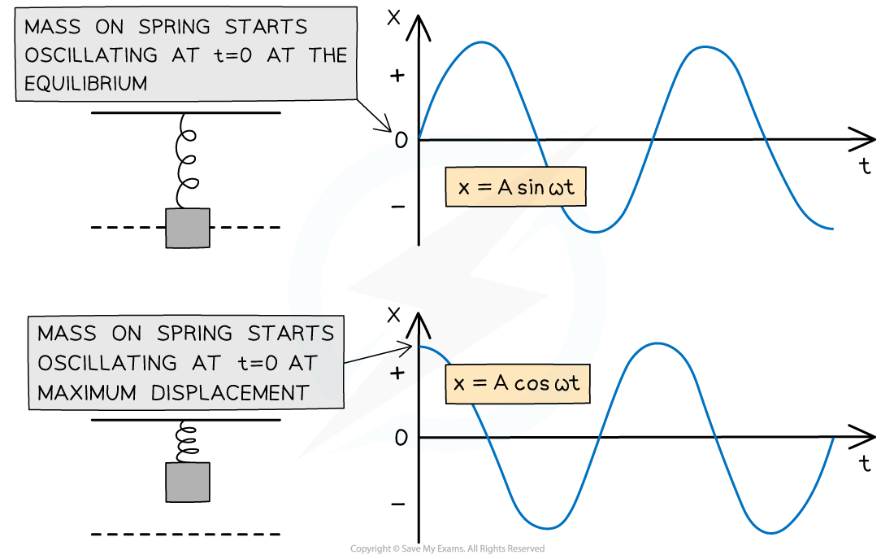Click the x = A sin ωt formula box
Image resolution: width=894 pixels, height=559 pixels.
coord(516,188)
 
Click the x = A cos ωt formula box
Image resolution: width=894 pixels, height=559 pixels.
coord(517,383)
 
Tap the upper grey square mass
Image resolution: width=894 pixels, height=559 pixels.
coord(188,228)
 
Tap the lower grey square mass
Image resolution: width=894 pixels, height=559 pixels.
coord(188,483)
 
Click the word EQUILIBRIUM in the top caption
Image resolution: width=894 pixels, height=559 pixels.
coord(86,83)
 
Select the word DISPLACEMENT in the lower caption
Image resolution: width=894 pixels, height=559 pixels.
coord(230,393)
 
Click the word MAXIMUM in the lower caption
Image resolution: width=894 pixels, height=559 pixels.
coord(86,393)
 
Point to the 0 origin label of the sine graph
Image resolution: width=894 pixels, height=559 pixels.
coord(400,142)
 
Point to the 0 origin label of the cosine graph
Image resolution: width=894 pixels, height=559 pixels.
coord(400,438)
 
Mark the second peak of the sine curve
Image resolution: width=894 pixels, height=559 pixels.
coord(699,46)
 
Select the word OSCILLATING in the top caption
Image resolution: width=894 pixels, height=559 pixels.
coord(91,55)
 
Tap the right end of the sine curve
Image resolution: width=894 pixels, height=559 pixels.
coord(832,229)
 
